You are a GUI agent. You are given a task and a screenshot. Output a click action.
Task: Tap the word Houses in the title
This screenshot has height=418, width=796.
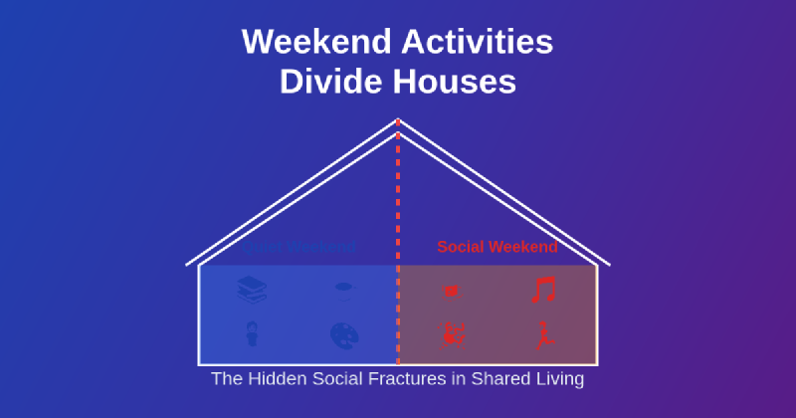(455, 83)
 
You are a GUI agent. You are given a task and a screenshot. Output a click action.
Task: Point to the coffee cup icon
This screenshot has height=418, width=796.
(344, 290)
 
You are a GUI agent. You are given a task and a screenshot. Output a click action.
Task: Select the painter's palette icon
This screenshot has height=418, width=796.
(344, 335)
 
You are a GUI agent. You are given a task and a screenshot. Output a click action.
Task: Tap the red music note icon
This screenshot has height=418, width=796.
(543, 290)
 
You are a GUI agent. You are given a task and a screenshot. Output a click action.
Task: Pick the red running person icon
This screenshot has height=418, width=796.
(543, 335)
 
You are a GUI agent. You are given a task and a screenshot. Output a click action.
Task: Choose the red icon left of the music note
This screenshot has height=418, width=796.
(451, 291)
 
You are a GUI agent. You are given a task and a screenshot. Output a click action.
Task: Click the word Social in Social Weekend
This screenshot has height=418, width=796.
(462, 247)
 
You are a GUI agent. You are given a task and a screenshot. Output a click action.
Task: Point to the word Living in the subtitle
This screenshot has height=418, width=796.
(558, 379)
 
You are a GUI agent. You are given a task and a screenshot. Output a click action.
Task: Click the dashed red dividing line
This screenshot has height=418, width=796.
(398, 199)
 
